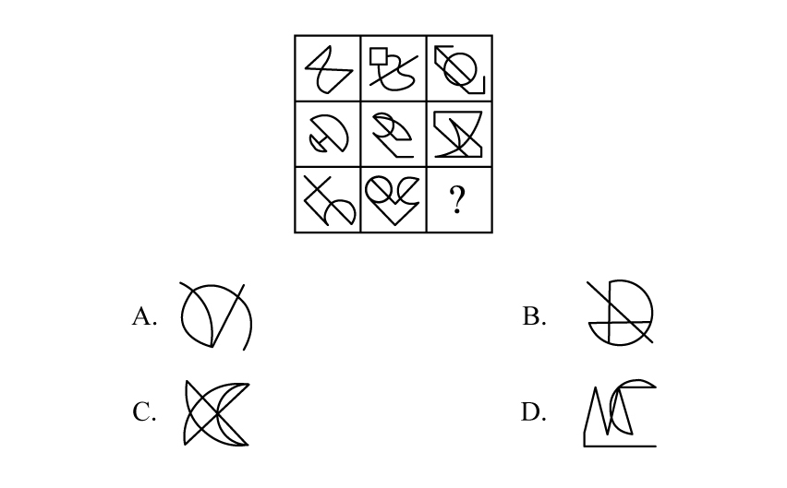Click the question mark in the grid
pyautogui.click(x=457, y=200)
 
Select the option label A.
pyautogui.click(x=144, y=317)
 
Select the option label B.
pyautogui.click(x=534, y=317)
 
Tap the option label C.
pyautogui.click(x=144, y=412)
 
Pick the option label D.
pyautogui.click(x=533, y=412)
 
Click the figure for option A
pyautogui.click(x=216, y=316)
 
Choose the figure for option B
pyautogui.click(x=621, y=313)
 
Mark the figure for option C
pyautogui.click(x=215, y=412)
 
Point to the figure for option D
pyautogui.click(x=620, y=413)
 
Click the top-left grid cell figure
pyautogui.click(x=328, y=69)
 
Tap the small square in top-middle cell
pyautogui.click(x=378, y=56)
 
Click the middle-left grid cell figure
pyautogui.click(x=328, y=135)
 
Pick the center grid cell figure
pyautogui.click(x=393, y=135)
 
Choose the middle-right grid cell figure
pyautogui.click(x=459, y=135)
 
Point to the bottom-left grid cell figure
pyautogui.click(x=328, y=200)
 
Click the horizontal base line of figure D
pyautogui.click(x=620, y=446)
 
